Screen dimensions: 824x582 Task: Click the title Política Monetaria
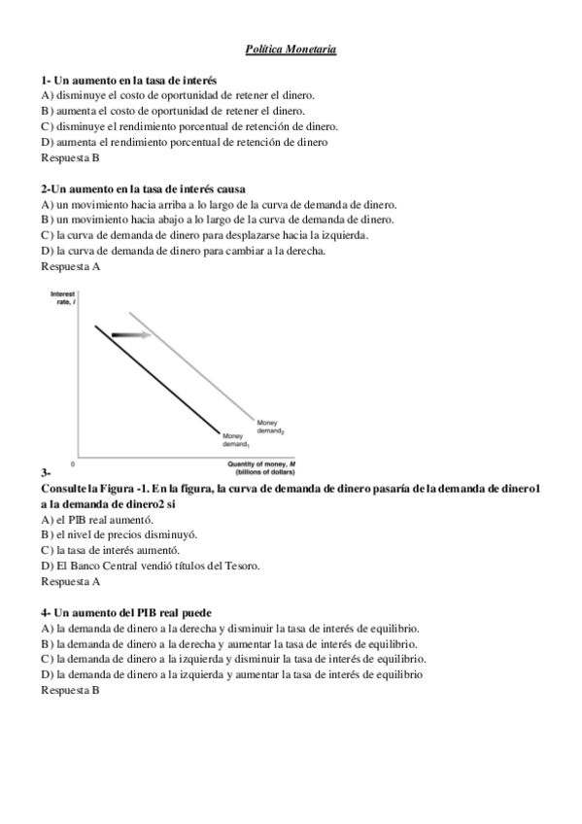[291, 49]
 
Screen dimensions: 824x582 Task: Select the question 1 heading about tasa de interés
[128, 80]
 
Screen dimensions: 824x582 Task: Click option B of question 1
[173, 111]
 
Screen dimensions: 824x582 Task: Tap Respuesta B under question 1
[70, 157]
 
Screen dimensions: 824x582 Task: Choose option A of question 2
[219, 204]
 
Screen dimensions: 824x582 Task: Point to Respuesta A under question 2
[70, 266]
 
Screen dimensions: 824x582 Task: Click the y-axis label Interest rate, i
[62, 297]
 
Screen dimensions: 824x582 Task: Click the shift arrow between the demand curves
[132, 334]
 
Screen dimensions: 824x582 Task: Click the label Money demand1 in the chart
[236, 440]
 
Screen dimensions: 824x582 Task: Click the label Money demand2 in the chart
[270, 426]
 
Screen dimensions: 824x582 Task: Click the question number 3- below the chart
[46, 472]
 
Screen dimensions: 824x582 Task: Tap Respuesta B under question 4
[70, 690]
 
